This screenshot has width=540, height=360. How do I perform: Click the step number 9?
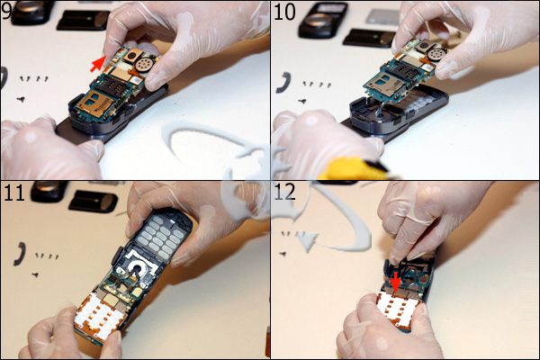6,10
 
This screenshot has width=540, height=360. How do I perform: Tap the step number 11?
14,193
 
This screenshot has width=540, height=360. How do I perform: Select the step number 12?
284,193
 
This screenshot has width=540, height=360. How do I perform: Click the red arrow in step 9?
98,65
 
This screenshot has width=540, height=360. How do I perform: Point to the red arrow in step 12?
396,282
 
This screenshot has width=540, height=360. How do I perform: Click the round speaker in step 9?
143,64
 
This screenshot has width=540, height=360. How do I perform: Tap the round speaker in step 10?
435,55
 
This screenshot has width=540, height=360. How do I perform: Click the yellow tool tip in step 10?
354,170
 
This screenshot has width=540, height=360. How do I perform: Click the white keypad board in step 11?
99,314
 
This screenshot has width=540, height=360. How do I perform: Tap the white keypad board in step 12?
400,309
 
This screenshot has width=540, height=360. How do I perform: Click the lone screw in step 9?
21,100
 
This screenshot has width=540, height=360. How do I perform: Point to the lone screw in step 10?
302,102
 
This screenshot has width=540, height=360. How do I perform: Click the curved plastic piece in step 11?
19,254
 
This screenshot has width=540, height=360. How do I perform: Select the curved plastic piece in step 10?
284,83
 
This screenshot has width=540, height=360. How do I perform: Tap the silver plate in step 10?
382,17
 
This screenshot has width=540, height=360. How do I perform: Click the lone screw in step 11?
35,274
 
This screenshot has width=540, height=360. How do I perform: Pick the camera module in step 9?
132,54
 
